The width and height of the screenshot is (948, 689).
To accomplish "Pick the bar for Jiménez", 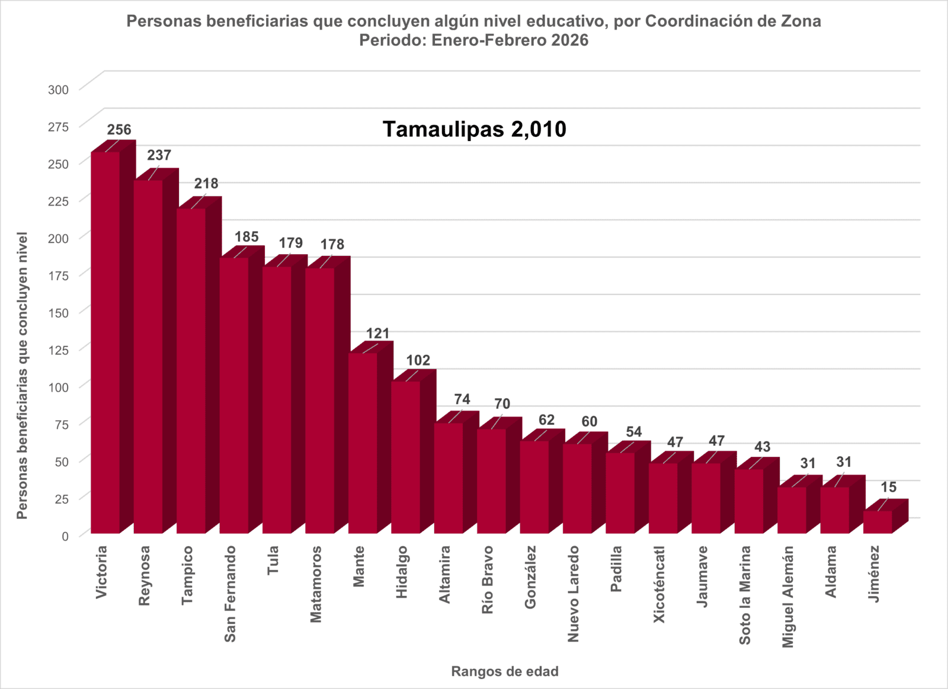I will pos(878,522).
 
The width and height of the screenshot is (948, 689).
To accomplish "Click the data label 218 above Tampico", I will pos(206,184).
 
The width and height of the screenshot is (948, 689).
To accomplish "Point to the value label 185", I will pos(246,237).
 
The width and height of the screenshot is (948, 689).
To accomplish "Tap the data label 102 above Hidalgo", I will pos(418,360).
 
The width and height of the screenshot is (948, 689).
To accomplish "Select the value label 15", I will pos(888,487).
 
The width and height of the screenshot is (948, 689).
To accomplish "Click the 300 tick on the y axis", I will pos(58,90).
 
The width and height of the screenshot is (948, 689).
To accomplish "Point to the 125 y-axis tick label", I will pos(58,350).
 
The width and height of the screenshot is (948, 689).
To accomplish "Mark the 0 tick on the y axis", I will pos(65,536).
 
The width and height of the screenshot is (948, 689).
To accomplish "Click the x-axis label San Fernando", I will pos(230,594).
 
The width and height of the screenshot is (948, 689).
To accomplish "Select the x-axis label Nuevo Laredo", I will pos(573,594).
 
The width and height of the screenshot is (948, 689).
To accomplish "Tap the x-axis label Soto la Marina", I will pos(745,595).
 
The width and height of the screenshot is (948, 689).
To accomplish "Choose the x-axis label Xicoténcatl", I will pos(659,584).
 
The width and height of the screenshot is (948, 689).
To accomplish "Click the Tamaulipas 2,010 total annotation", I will pos(474,129).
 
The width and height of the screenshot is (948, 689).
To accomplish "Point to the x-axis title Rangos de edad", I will pos(505,671).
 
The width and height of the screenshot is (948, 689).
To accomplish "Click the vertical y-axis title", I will pos(23,376).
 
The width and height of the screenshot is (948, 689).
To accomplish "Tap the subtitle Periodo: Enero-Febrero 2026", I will pos(473,40).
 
